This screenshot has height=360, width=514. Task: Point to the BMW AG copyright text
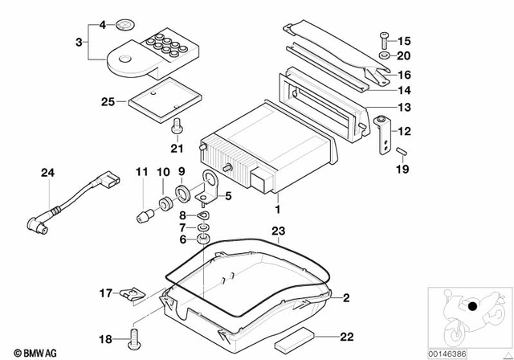28,351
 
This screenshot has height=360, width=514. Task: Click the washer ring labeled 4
125,24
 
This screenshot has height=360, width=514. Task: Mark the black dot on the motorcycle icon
474,306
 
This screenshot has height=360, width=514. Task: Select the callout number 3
79,39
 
